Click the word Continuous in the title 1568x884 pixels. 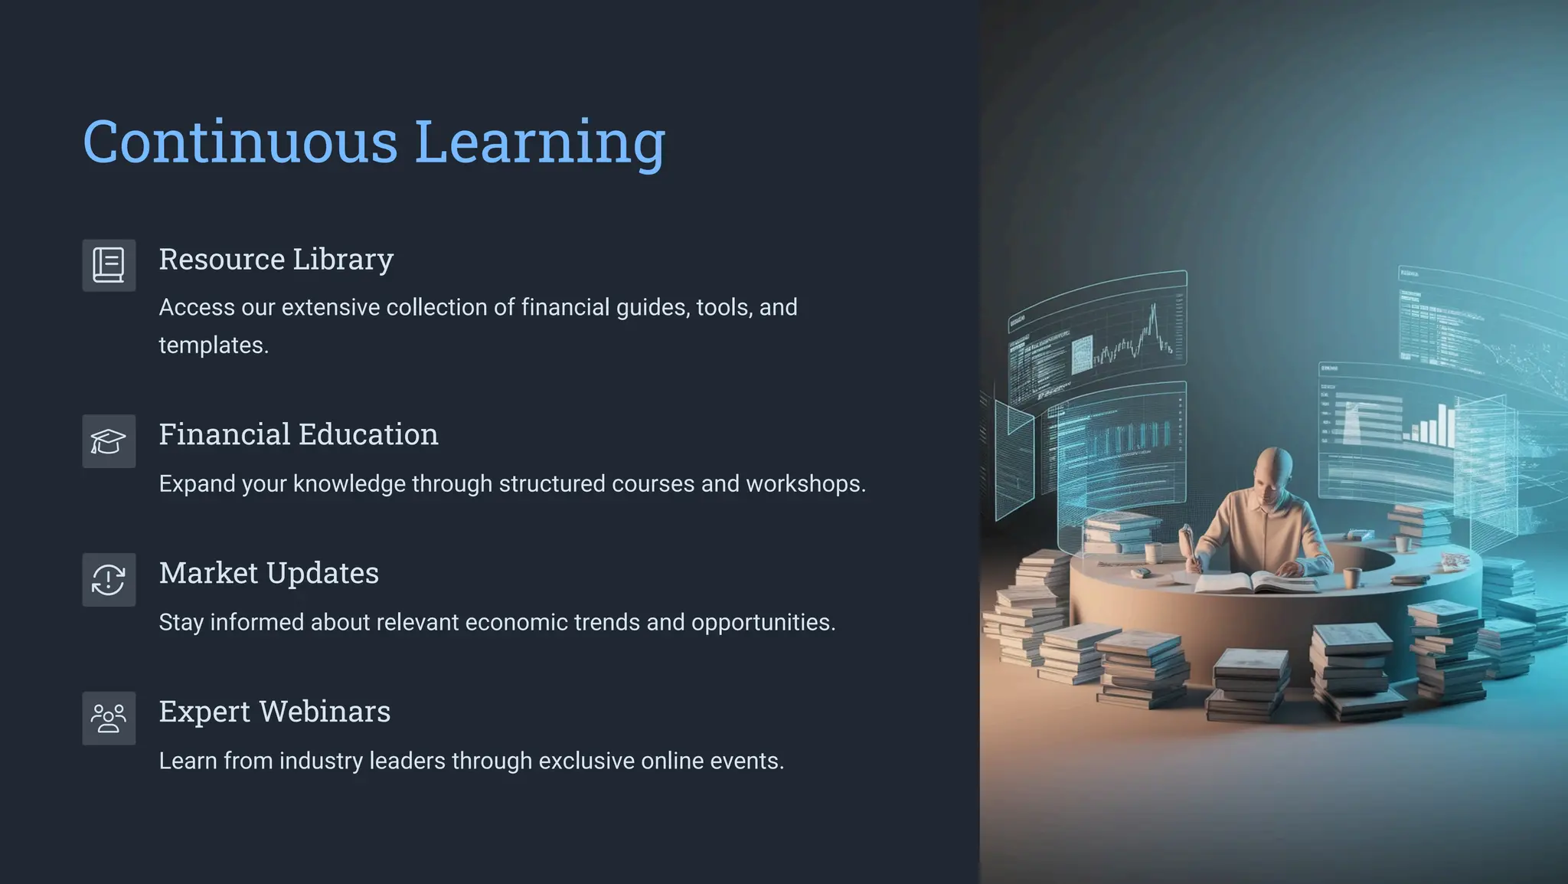(x=240, y=142)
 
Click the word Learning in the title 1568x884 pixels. (x=540, y=142)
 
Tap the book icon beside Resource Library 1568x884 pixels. (x=109, y=266)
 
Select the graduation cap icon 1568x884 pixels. (x=109, y=441)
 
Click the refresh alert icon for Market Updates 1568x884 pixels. (x=109, y=580)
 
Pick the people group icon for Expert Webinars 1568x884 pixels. (x=109, y=719)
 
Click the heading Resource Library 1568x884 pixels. (x=276, y=260)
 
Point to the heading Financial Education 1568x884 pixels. (x=299, y=434)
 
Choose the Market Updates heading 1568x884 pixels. (x=269, y=573)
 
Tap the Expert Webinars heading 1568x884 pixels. (x=274, y=712)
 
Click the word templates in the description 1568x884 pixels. (x=213, y=345)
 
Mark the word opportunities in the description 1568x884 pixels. (x=763, y=623)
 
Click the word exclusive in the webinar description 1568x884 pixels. (x=586, y=761)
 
